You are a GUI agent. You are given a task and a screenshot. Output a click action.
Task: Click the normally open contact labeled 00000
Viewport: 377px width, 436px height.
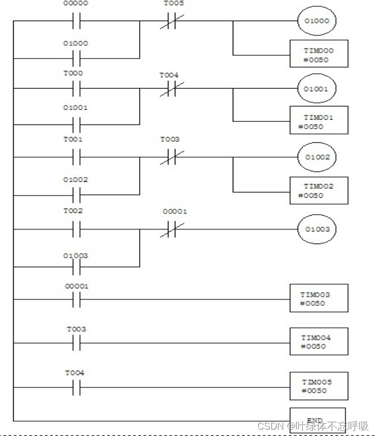click(x=76, y=22)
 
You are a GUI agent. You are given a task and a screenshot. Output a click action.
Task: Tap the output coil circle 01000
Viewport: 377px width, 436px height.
click(x=316, y=22)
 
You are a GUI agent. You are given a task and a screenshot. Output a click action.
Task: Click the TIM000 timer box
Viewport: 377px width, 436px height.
click(x=319, y=54)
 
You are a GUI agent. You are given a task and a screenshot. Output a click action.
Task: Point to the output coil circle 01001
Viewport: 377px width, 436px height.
click(x=316, y=89)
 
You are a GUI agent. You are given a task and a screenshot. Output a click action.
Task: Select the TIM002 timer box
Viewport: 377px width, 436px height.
click(x=319, y=190)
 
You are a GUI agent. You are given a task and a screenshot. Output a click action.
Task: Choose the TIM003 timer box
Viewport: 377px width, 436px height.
click(x=319, y=298)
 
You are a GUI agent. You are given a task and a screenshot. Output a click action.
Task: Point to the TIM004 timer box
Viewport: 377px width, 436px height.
click(x=319, y=342)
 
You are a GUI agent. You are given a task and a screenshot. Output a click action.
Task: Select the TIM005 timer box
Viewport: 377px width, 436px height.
click(x=319, y=386)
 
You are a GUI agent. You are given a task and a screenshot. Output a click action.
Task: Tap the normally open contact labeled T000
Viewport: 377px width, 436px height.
click(x=76, y=89)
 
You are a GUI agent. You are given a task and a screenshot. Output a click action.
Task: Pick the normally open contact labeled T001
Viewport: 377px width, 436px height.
click(x=76, y=157)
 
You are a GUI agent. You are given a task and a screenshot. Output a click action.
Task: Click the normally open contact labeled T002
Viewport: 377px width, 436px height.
click(x=76, y=229)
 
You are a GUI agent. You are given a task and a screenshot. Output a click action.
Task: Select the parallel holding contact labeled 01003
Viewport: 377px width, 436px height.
click(x=76, y=267)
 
